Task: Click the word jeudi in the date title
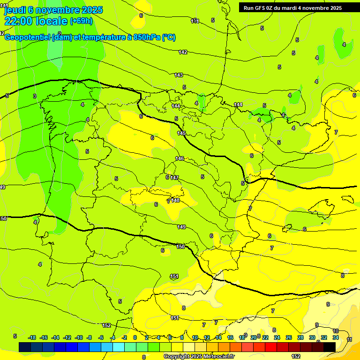click(x=15, y=10)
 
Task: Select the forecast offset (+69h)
click(x=81, y=21)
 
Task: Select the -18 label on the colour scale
click(x=32, y=337)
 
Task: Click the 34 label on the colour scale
click(x=336, y=337)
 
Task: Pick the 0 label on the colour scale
click(x=135, y=337)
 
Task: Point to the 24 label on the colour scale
click(x=277, y=337)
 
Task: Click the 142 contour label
click(x=183, y=52)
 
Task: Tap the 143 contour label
click(x=179, y=75)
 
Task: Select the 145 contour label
click(x=181, y=134)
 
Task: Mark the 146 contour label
click(x=180, y=158)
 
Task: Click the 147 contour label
click(x=174, y=178)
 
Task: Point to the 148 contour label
click(x=175, y=200)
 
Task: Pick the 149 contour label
click(x=181, y=227)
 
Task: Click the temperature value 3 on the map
click(x=34, y=96)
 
